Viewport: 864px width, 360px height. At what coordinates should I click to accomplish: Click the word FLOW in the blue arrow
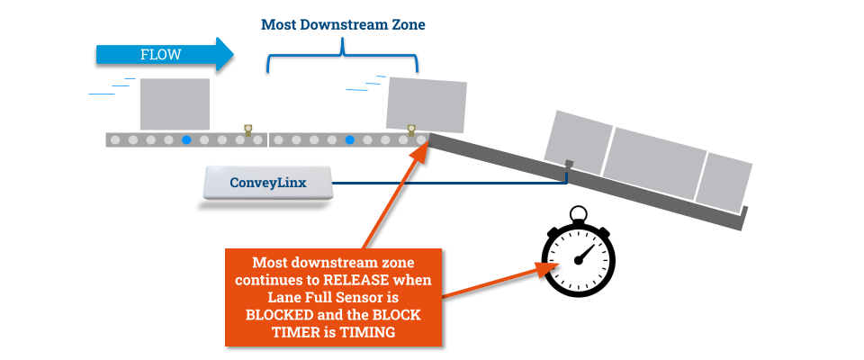[x=161, y=55]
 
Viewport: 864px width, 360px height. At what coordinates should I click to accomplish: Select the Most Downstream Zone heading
[x=343, y=25]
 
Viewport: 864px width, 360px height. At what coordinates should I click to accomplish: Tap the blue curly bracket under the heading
[x=342, y=58]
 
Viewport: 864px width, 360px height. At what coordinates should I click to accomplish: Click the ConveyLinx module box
[x=267, y=183]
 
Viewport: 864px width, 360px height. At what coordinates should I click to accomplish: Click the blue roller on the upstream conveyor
[x=186, y=140]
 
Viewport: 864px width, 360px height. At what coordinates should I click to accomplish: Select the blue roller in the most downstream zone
[x=349, y=140]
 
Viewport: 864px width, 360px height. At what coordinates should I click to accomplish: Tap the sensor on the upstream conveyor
[x=248, y=130]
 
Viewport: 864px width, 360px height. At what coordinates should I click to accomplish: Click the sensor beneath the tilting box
[x=411, y=130]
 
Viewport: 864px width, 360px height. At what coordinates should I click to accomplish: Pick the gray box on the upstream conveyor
[x=175, y=104]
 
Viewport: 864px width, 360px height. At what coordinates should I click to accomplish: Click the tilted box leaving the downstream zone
[x=427, y=105]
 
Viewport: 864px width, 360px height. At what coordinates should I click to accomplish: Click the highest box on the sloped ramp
[x=578, y=142]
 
